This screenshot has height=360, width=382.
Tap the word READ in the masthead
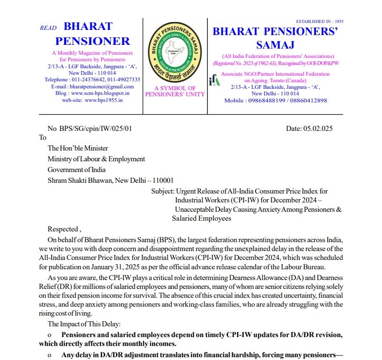point(48,28)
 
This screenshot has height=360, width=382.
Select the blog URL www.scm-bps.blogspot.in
point(100,93)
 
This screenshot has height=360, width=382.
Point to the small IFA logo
point(214,80)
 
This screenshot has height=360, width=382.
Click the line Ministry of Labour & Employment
point(96,159)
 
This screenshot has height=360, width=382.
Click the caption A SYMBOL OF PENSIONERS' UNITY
point(175,91)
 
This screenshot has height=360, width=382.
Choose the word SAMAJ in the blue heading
point(275,45)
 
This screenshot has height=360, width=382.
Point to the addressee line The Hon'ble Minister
point(78,148)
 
